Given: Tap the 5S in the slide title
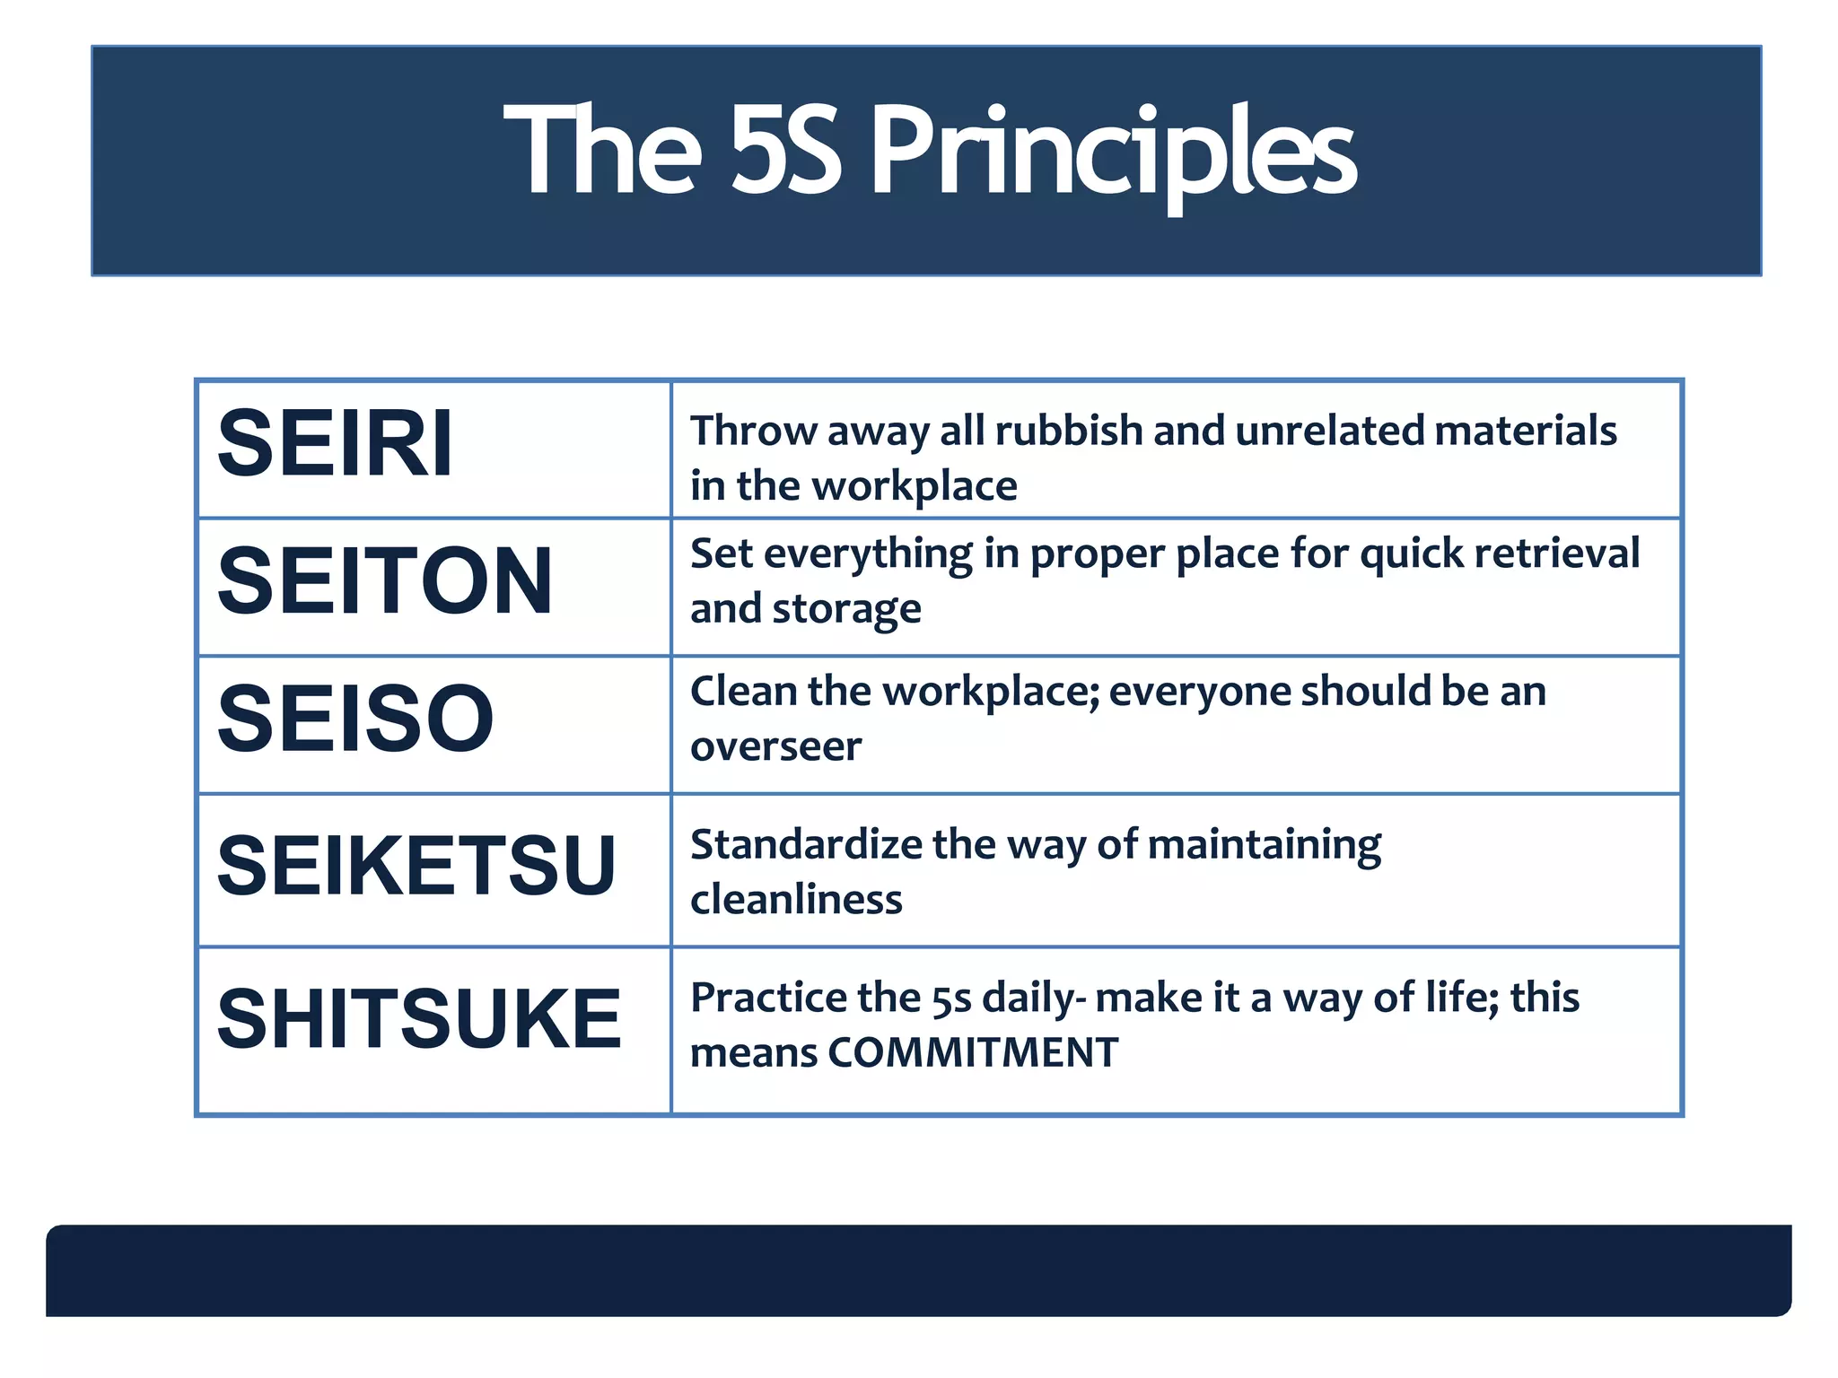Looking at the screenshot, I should pyautogui.click(x=786, y=151).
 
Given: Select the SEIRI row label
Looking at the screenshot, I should pyautogui.click(x=336, y=443).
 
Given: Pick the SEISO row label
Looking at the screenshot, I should pyautogui.click(x=355, y=719).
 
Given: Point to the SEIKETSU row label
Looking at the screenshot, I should pyautogui.click(x=416, y=866).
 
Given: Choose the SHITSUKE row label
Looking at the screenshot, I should pyautogui.click(x=419, y=1018).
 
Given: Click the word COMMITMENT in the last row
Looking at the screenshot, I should pyautogui.click(x=973, y=1052).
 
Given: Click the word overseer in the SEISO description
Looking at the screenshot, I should pyautogui.click(x=775, y=746).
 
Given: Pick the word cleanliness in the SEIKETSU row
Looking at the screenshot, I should pyautogui.click(x=796, y=899).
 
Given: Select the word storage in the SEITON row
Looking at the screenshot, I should pyautogui.click(x=846, y=609).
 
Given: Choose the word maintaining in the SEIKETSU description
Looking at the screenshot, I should pyautogui.click(x=1264, y=845).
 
